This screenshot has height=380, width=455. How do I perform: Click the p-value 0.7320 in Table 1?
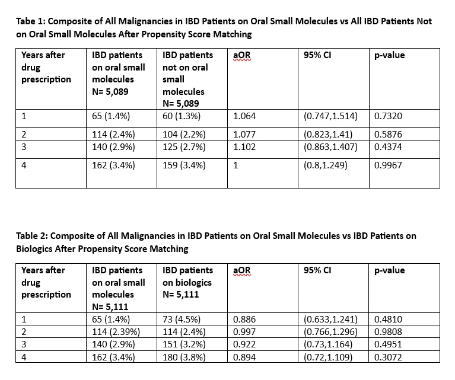[388, 116]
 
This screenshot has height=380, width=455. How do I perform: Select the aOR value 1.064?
[244, 116]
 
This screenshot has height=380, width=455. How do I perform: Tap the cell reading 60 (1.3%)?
[182, 116]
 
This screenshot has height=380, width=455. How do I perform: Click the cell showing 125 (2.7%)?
[184, 147]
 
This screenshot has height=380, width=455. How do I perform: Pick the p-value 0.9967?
[388, 165]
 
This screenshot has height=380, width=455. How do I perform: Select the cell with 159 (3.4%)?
[184, 165]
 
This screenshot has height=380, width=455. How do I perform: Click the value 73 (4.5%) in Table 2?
[182, 319]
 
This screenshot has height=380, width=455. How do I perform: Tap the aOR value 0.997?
[244, 331]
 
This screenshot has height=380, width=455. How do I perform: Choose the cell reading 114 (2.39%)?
[116, 331]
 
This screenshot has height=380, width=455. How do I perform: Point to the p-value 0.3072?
[388, 357]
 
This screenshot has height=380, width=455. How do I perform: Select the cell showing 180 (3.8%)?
[184, 357]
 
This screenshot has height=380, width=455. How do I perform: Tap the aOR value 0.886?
[244, 319]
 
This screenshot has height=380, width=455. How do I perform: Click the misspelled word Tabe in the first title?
[26, 21]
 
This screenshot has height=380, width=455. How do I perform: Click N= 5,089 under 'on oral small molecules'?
[110, 92]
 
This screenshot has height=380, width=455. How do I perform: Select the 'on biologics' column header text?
[187, 283]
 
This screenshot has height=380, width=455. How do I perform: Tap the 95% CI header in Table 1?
[317, 55]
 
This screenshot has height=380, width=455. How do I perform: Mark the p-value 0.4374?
[388, 147]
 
